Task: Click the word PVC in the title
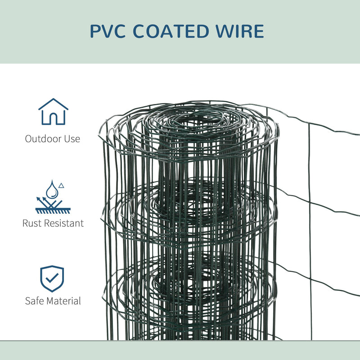pyautogui.click(x=111, y=31)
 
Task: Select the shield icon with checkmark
pyautogui.click(x=52, y=279)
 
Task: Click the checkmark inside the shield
pyautogui.click(x=52, y=278)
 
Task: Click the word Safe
pyautogui.click(x=35, y=301)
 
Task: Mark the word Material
pyautogui.click(x=64, y=301)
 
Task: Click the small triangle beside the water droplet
pyautogui.click(x=62, y=185)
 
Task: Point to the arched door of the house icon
pyautogui.click(x=53, y=118)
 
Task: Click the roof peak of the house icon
pyautogui.click(x=53, y=99)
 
